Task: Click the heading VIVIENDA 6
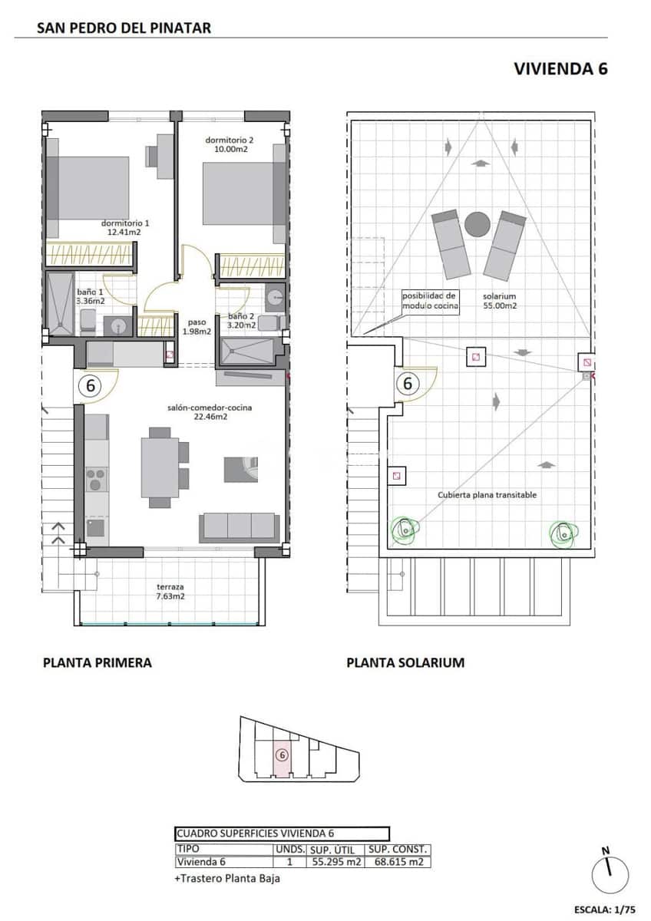560,68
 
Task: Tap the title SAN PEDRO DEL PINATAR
124,28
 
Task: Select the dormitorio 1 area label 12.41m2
125,232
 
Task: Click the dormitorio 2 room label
229,140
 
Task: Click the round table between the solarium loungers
478,224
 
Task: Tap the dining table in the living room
160,467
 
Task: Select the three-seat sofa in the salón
239,527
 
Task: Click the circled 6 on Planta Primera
90,386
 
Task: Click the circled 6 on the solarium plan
408,382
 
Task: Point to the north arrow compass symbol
610,874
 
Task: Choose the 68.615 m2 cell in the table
398,862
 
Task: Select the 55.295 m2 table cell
335,862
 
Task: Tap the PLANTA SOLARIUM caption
405,662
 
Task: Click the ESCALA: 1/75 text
604,909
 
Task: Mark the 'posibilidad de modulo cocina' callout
430,300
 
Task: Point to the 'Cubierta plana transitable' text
487,495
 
